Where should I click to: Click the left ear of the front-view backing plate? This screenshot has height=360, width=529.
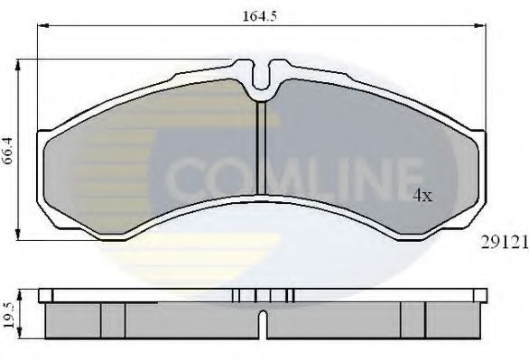pyautogui.click(x=43, y=144)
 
